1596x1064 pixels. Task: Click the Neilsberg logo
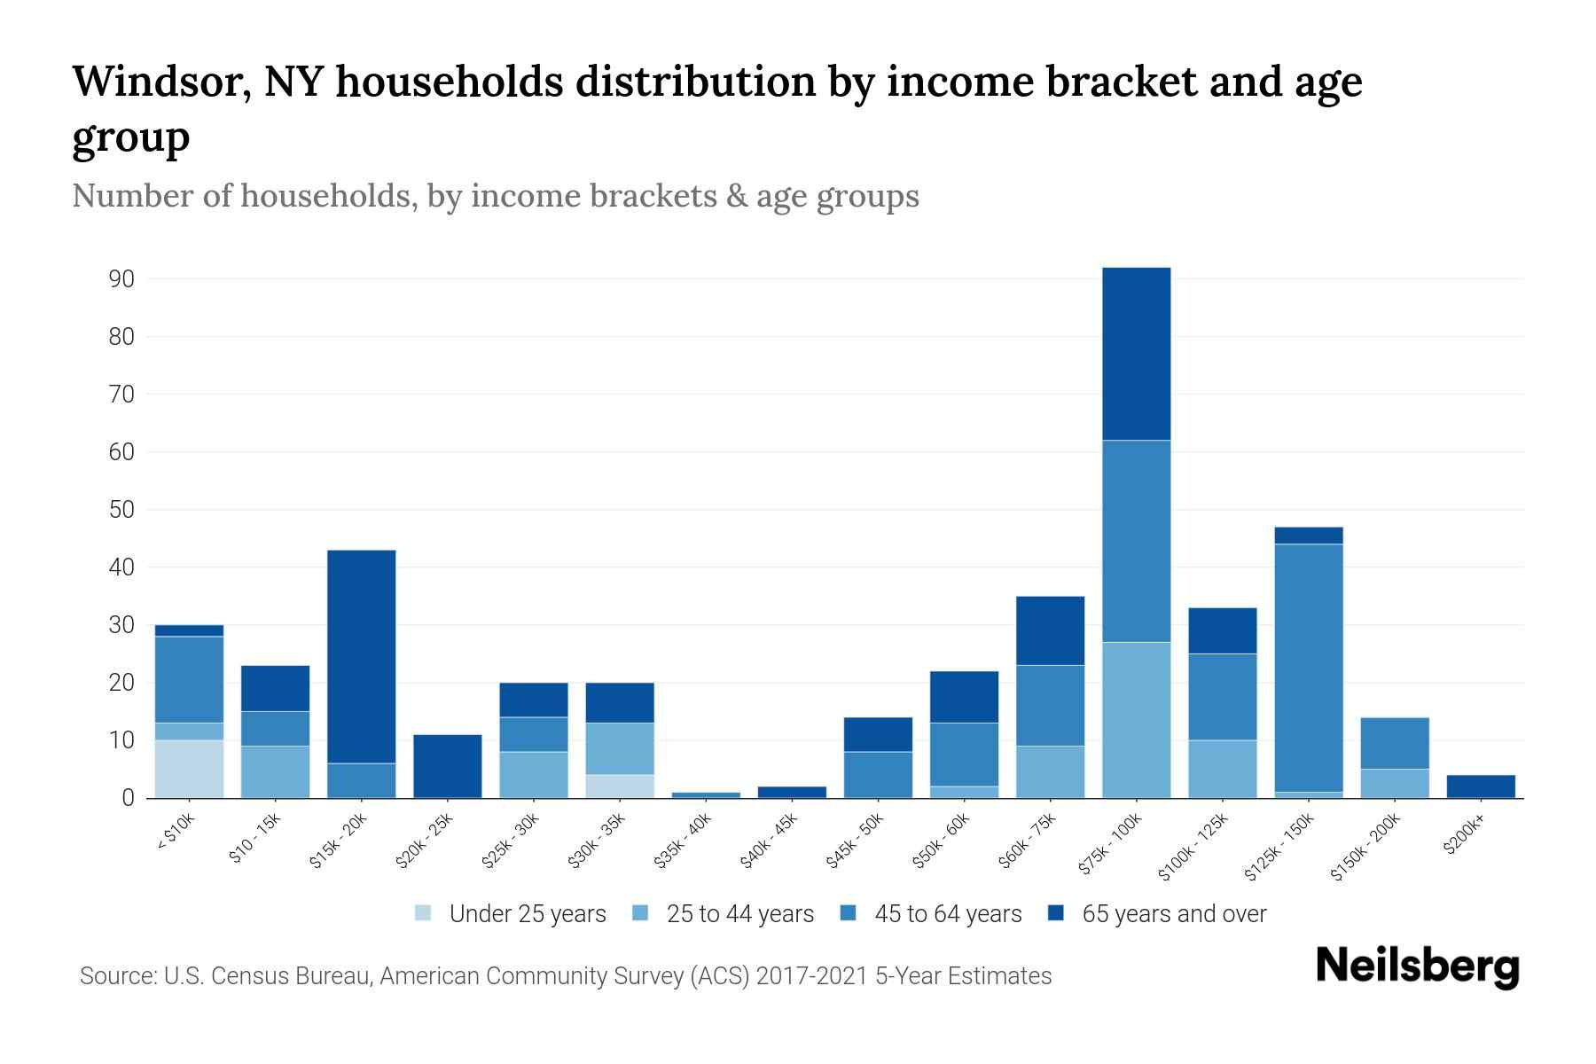pyautogui.click(x=1417, y=966)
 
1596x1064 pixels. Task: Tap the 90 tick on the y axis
pyautogui.click(x=121, y=279)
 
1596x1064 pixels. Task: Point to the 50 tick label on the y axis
pyautogui.click(x=121, y=510)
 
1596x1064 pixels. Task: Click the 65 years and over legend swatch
pyautogui.click(x=1056, y=913)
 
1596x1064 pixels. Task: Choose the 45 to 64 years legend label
pyautogui.click(x=948, y=914)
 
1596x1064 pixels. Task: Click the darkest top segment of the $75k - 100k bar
pyautogui.click(x=1136, y=354)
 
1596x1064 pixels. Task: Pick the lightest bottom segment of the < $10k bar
pyautogui.click(x=189, y=769)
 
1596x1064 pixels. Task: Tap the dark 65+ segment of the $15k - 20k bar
pyautogui.click(x=361, y=656)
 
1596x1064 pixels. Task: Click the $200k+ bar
pyautogui.click(x=1481, y=786)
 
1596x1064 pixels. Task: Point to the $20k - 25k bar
pyautogui.click(x=447, y=766)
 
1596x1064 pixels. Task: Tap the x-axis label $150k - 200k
pyautogui.click(x=1367, y=848)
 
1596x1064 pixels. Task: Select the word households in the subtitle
pyautogui.click(x=329, y=196)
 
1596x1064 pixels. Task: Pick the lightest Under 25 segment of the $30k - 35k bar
pyautogui.click(x=620, y=786)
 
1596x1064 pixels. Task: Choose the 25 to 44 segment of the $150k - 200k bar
pyautogui.click(x=1394, y=783)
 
